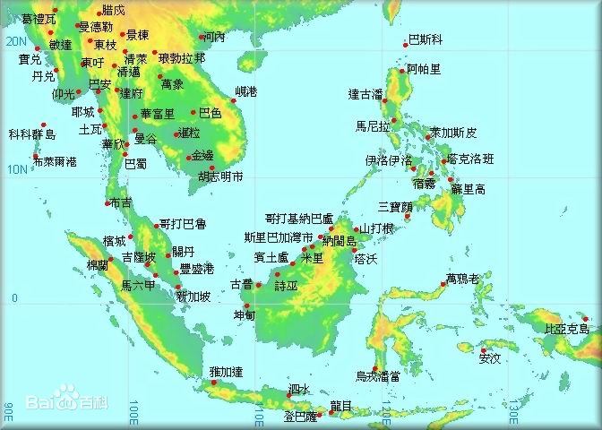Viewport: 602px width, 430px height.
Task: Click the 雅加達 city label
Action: (226, 372)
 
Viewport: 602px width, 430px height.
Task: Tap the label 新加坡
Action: (193, 297)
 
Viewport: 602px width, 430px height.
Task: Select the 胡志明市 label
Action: (220, 176)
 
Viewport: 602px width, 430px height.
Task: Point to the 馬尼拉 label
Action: (373, 126)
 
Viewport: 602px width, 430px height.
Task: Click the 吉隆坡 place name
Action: (139, 257)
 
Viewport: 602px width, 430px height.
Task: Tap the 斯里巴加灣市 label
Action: (279, 237)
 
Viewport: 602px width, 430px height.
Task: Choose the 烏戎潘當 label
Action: (377, 376)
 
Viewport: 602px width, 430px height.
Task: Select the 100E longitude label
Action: (132, 413)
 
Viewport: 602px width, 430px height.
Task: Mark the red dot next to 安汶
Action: (483, 350)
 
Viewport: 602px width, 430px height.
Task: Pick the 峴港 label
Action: (245, 91)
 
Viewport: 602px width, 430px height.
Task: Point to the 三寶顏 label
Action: (395, 206)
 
